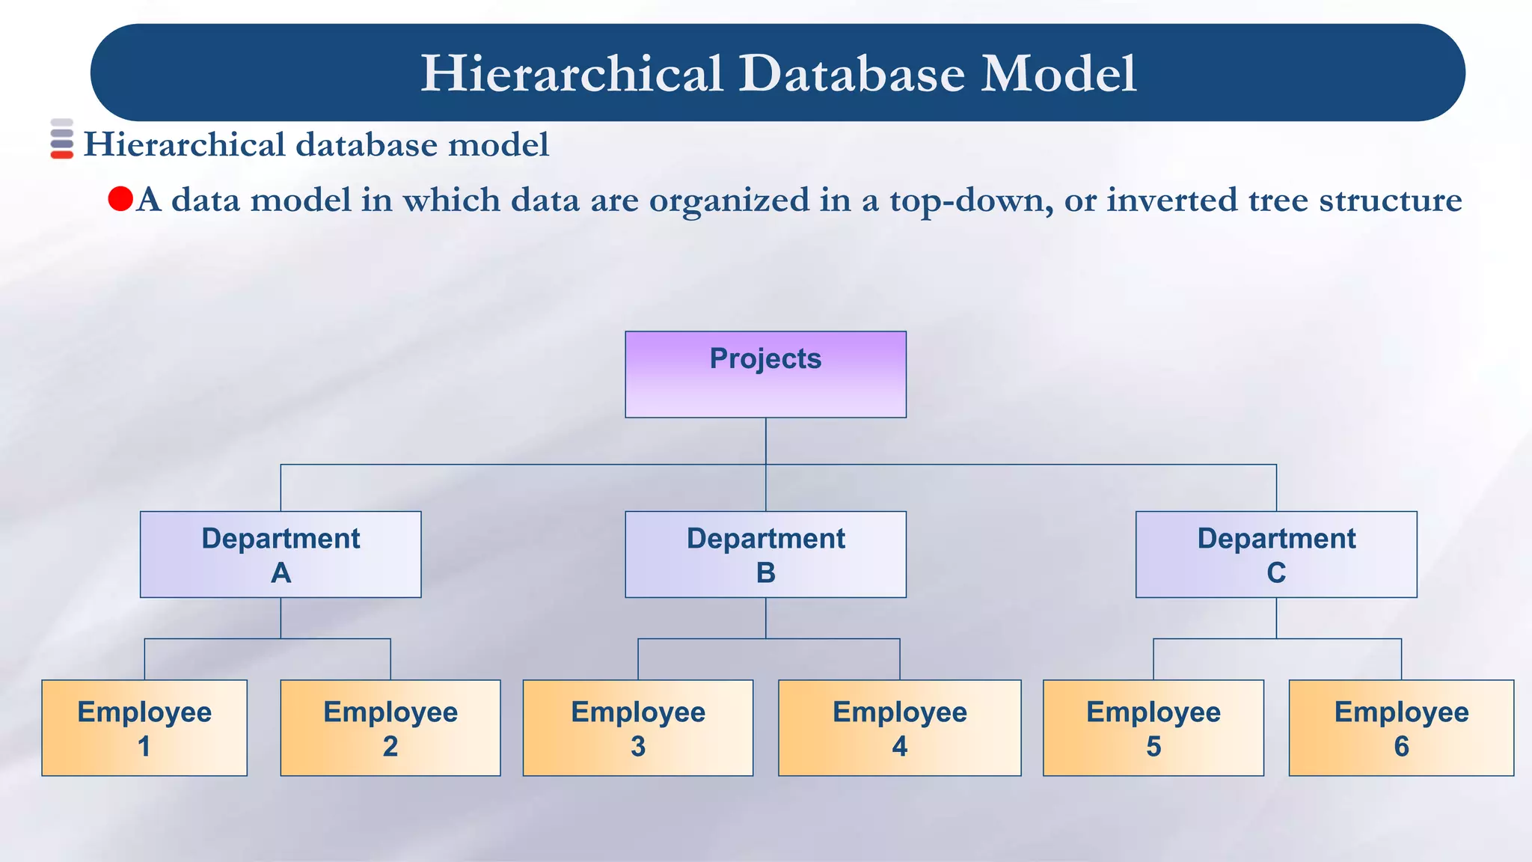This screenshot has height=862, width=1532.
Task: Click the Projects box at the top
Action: coord(765,374)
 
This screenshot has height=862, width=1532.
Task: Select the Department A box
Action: coord(281,554)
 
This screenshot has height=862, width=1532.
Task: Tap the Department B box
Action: coord(765,554)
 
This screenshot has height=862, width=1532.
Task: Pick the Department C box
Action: coord(1276,554)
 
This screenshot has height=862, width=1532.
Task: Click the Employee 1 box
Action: coord(144,727)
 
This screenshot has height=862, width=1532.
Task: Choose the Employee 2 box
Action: coord(390,727)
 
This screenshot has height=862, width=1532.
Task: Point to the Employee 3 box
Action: coord(638,727)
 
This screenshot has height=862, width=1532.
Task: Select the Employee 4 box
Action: coord(899,727)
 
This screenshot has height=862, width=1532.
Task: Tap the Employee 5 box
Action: coord(1153,727)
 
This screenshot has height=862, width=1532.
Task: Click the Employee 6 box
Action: coord(1401,727)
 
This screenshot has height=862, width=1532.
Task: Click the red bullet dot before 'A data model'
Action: coord(120,199)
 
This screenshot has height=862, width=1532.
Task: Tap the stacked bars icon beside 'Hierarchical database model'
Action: coord(62,139)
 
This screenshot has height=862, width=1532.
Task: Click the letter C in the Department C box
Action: coord(1276,573)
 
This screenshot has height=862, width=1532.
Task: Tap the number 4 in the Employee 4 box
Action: coord(900,747)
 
